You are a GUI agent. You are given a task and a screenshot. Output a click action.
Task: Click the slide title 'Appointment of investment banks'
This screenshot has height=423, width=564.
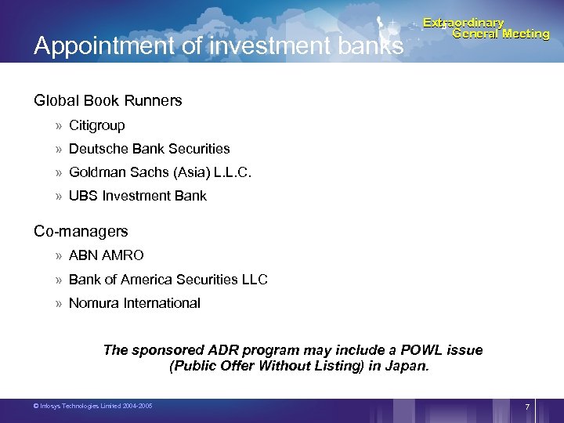pos(218,46)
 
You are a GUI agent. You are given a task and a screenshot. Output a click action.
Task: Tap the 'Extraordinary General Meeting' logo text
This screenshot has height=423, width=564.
pos(486,28)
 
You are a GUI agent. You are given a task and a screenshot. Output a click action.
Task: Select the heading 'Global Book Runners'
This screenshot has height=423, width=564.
pos(107,100)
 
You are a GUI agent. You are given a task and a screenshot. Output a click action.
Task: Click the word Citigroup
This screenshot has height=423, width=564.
pos(97,125)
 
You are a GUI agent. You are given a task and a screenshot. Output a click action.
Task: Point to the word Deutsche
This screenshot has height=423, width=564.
pos(95,149)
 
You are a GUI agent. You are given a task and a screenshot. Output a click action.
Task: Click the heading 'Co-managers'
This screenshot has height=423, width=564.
pos(81,232)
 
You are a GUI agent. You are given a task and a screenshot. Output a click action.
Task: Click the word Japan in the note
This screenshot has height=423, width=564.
pos(408,366)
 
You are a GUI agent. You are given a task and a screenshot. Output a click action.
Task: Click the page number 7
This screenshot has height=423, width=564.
pos(527,407)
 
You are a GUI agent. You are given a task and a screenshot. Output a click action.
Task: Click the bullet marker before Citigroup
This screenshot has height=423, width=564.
pos(59,125)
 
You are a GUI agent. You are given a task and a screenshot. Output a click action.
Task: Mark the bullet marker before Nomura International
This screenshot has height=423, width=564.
pos(59,303)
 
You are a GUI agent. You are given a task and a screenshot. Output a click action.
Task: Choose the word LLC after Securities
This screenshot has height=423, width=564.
pos(253,280)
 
